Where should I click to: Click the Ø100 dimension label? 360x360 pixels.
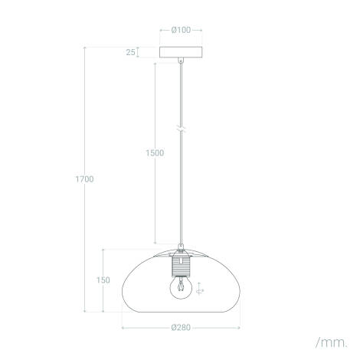pos(181,30)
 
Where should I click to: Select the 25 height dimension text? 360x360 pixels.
pos(130,53)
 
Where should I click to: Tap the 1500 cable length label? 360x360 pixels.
pos(154,152)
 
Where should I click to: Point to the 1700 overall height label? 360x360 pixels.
pos(84,179)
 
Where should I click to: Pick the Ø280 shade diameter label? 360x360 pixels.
pos(181,327)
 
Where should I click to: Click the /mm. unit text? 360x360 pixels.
pos(330,339)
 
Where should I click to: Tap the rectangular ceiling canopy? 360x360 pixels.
pos(181,53)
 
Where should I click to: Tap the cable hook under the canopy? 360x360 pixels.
pos(181,61)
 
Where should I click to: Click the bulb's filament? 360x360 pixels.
pos(181,288)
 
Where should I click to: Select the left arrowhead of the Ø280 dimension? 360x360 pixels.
pos(124,327)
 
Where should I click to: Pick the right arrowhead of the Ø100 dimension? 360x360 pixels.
pos(201,30)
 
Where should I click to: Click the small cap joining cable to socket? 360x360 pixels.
pos(181,248)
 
